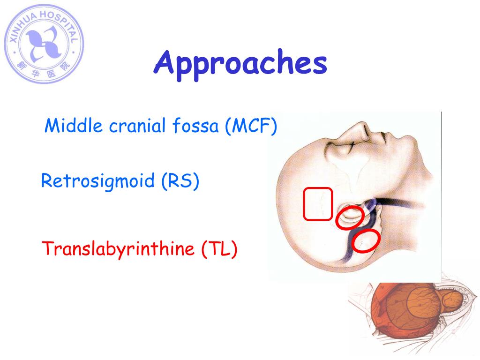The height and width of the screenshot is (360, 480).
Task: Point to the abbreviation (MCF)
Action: (250, 126)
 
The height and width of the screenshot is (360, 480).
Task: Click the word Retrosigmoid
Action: (98, 181)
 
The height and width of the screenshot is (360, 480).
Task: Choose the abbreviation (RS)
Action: (180, 181)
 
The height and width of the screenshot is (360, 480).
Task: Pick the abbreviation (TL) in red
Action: (219, 248)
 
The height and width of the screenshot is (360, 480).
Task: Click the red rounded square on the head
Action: (318, 203)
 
